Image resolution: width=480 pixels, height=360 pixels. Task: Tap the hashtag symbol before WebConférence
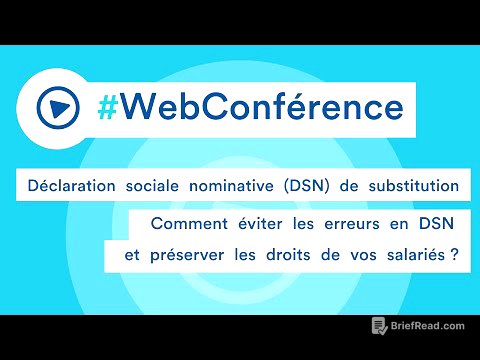click(x=110, y=104)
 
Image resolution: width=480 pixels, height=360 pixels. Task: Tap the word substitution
click(x=410, y=185)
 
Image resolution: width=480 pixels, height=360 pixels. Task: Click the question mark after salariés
click(x=455, y=255)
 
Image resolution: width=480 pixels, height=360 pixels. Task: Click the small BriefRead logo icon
click(x=379, y=326)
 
